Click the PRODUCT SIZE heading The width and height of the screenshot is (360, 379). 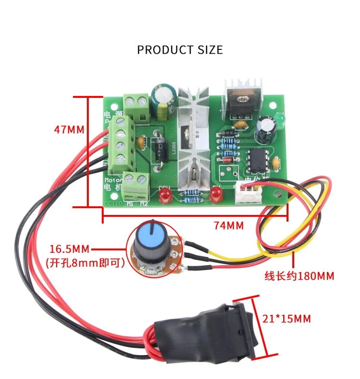point(180,49)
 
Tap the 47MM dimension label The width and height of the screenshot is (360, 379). point(69,129)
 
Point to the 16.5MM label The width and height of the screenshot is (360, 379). point(70,249)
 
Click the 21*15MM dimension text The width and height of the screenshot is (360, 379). point(287,319)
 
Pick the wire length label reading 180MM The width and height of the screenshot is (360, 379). point(300,276)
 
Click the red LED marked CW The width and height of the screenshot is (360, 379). point(216,194)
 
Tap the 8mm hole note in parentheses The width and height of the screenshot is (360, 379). point(85,262)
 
